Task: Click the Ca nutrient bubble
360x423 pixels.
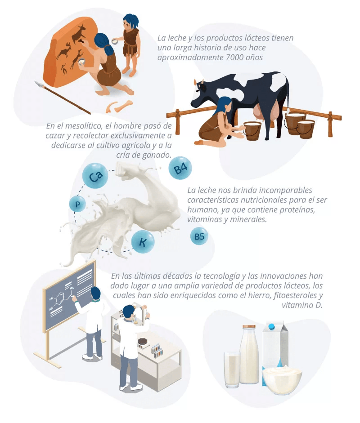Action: pyautogui.click(x=95, y=176)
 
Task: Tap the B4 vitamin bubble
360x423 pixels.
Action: pyautogui.click(x=180, y=169)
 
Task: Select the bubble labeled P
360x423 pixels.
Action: pyautogui.click(x=77, y=204)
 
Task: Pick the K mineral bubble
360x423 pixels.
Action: pyautogui.click(x=143, y=242)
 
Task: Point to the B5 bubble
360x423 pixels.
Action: pyautogui.click(x=199, y=236)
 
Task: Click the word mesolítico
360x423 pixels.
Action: pyautogui.click(x=84, y=126)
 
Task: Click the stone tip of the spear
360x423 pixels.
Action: pyautogui.click(x=39, y=85)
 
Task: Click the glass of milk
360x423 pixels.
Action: pyautogui.click(x=232, y=370)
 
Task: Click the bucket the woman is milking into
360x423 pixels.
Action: pyautogui.click(x=252, y=131)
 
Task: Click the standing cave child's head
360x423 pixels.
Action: pyautogui.click(x=130, y=22)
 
